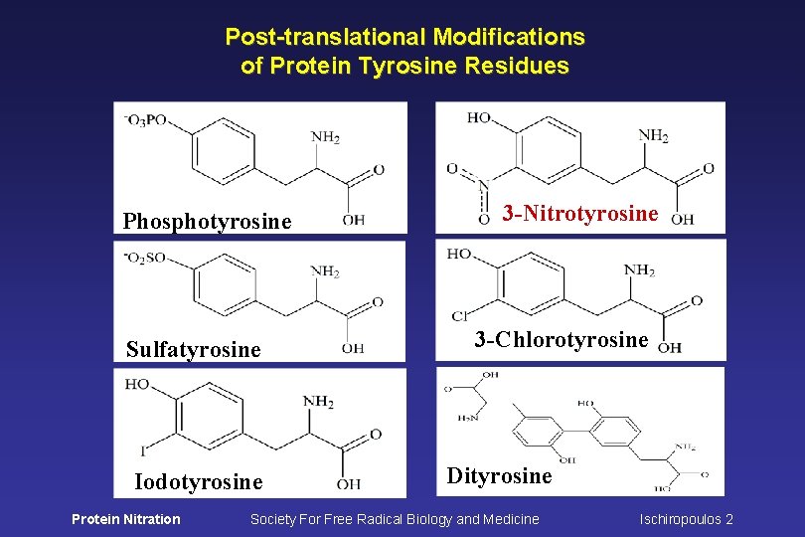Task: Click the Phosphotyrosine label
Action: (208, 221)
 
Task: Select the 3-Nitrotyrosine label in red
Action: (580, 213)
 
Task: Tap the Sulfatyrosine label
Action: (194, 349)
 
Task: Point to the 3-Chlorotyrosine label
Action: (562, 339)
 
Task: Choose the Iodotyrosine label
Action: (199, 482)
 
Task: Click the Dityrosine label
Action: (499, 475)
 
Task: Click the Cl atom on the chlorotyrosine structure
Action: (459, 316)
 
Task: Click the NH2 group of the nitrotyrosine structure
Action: (653, 135)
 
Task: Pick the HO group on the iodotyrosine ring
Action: (137, 384)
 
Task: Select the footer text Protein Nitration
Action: (126, 518)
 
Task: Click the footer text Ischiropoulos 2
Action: (686, 518)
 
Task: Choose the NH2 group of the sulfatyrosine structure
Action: (326, 270)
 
